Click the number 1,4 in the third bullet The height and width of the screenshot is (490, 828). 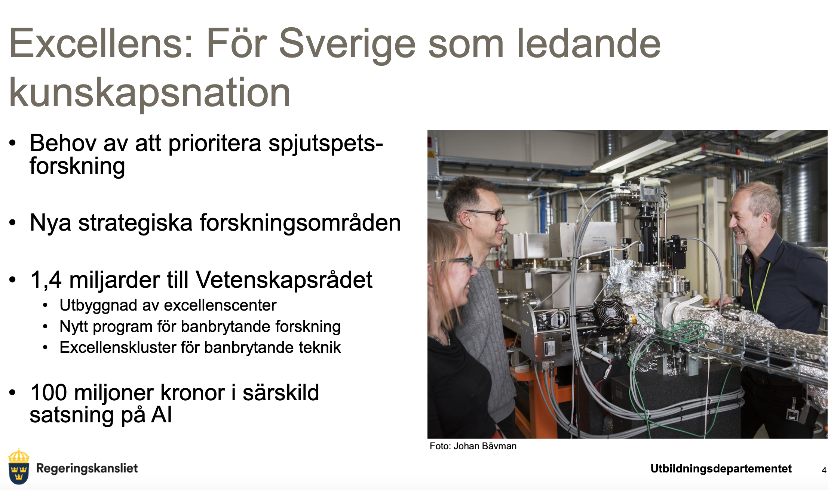[x=46, y=280]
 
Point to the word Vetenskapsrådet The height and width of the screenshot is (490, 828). [x=284, y=280]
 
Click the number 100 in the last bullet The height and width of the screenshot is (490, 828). [x=49, y=392]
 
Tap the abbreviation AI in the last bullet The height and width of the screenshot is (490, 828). [x=162, y=415]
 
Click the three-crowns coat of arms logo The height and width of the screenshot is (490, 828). [x=18, y=466]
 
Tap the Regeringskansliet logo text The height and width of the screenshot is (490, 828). [x=87, y=468]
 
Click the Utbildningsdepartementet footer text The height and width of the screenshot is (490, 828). [x=721, y=469]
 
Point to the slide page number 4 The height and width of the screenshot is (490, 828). [x=824, y=470]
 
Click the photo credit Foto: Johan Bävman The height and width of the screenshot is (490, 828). [x=473, y=446]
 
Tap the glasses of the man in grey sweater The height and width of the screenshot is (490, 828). [x=486, y=214]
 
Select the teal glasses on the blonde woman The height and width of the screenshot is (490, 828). [x=458, y=261]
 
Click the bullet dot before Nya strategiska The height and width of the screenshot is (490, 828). [x=13, y=223]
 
